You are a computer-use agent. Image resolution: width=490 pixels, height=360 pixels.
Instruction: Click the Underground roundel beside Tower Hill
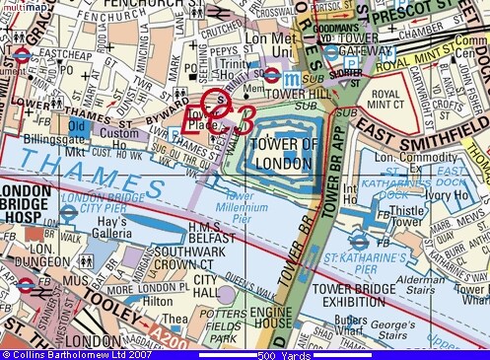point(272,74)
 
